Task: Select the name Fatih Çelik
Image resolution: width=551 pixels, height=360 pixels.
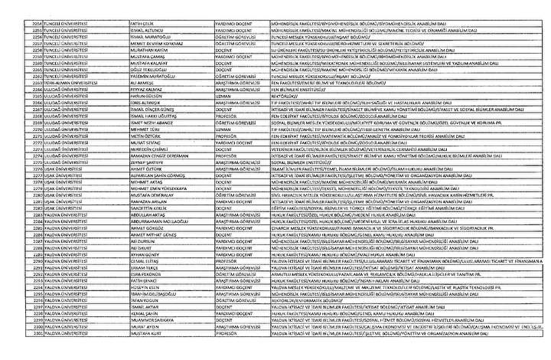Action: click(145, 23)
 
